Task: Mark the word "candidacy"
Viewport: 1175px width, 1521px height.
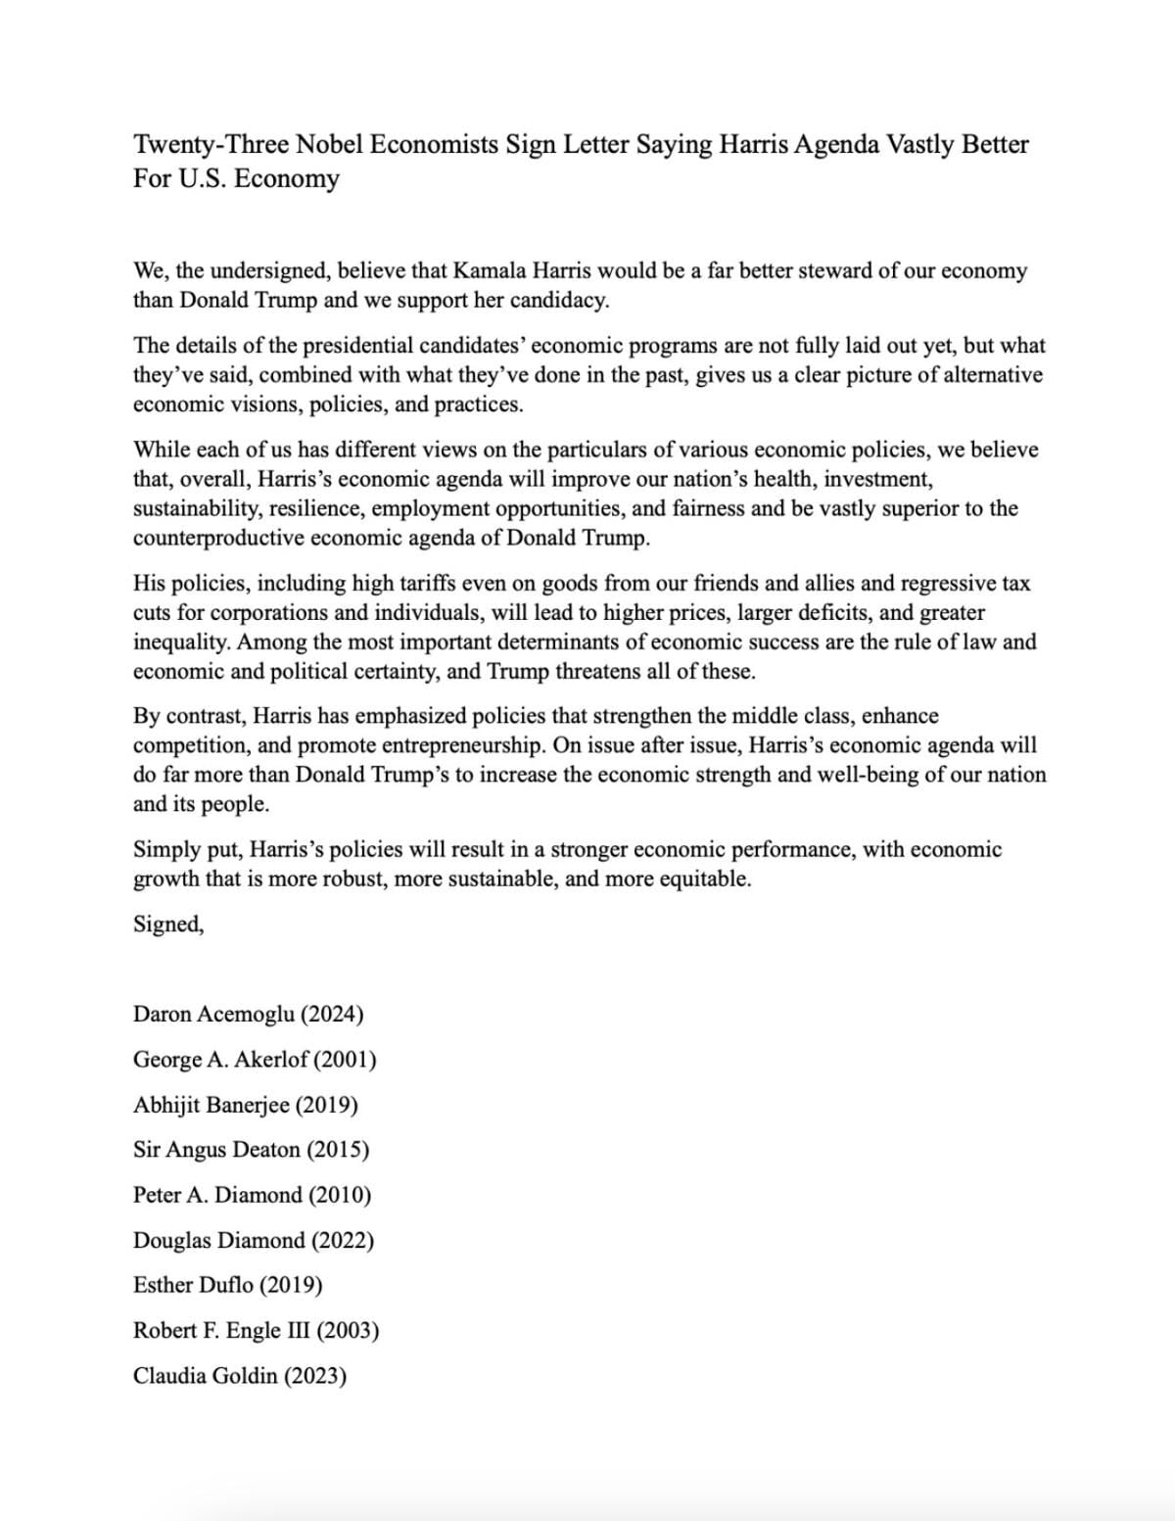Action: (x=559, y=301)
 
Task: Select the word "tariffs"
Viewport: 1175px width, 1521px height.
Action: (x=422, y=584)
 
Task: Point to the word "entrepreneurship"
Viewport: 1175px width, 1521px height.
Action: (x=459, y=745)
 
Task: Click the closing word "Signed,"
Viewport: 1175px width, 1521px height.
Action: (x=168, y=924)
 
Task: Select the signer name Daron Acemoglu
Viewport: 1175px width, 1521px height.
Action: (x=213, y=1014)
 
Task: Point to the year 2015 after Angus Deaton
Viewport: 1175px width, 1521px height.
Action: (x=339, y=1150)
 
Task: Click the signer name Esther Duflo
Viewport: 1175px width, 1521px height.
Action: (x=193, y=1285)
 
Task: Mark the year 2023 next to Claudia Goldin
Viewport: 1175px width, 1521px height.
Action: (x=315, y=1376)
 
